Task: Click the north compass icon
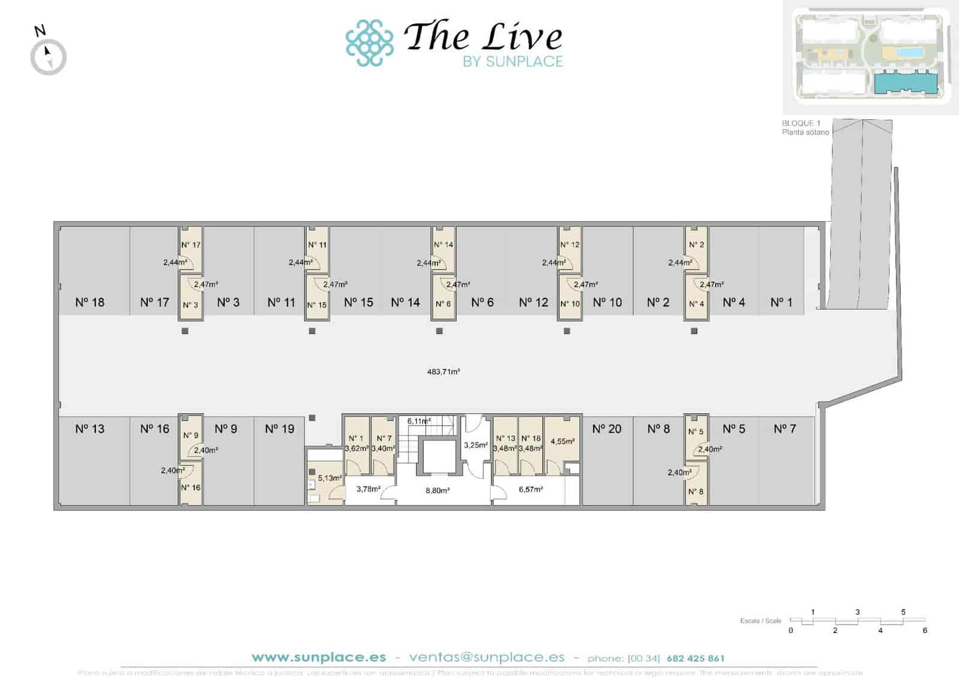coord(48,56)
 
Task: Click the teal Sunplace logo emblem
coord(369,43)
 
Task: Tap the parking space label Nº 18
coord(90,303)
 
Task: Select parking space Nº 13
coord(90,429)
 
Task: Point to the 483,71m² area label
coord(444,372)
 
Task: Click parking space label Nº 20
coord(607,429)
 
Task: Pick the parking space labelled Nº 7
coord(785,429)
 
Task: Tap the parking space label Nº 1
coord(781,303)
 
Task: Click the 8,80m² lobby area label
coord(438,490)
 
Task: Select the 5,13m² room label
coord(330,478)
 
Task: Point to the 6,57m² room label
coord(531,489)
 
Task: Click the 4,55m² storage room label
coord(562,441)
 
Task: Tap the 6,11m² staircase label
coord(419,421)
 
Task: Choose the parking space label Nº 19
coord(280,429)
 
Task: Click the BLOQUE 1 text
coord(801,123)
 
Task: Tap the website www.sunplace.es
coord(319,657)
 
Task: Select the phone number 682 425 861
coord(695,658)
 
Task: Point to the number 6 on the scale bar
coord(925,631)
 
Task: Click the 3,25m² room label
coord(475,445)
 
